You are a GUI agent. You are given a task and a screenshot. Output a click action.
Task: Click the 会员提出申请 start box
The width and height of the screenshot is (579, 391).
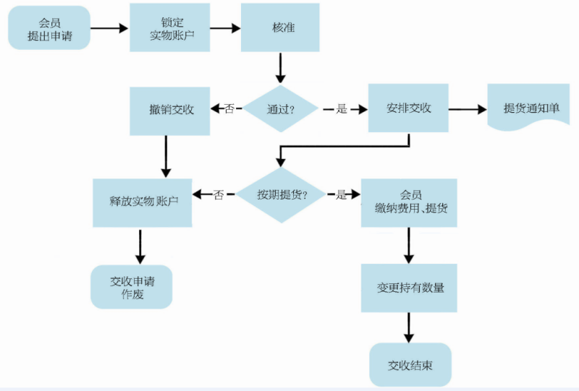[49, 28]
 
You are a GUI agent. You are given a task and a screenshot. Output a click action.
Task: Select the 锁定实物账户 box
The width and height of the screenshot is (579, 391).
[170, 27]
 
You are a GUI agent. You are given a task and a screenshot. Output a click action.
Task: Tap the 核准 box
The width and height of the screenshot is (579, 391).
[279, 27]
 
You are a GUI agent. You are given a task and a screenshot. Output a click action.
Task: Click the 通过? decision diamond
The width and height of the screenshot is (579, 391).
[281, 109]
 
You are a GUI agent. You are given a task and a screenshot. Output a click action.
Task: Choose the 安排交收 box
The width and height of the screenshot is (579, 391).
[409, 108]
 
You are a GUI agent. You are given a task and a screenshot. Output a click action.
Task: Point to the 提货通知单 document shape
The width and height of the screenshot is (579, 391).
[531, 108]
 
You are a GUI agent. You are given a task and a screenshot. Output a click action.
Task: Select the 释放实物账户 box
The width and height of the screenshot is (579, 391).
[142, 202]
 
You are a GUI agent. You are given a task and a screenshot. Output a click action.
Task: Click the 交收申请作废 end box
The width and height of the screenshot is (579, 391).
[132, 287]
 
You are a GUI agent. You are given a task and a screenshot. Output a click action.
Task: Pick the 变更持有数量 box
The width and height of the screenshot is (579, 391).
[410, 288]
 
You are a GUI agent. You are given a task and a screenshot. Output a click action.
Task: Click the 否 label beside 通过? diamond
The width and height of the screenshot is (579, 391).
[229, 109]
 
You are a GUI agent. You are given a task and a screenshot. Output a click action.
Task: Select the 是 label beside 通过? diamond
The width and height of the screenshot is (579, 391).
[342, 109]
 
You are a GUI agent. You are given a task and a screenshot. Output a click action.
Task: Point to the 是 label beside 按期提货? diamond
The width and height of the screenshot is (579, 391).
[341, 194]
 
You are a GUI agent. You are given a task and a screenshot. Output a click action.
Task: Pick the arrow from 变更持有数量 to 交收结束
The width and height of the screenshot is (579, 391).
[410, 327]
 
